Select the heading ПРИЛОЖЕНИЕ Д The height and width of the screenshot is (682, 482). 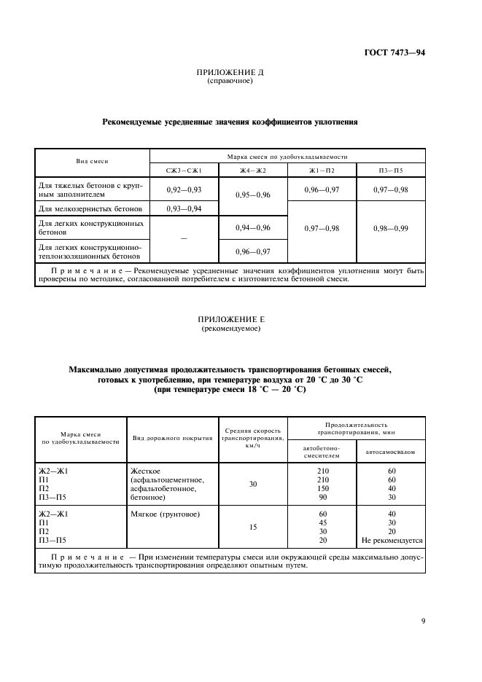pos(230,73)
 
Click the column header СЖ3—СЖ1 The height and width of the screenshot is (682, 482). pos(184,170)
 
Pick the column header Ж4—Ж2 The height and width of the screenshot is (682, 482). pos(253,170)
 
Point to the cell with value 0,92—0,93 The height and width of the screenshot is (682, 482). pos(184,189)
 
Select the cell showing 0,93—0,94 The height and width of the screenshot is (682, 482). pos(184,209)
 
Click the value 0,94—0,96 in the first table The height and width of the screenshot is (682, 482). pos(253,228)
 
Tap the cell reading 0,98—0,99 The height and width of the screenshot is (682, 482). pos(391,228)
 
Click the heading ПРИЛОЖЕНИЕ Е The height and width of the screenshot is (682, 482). pos(230,320)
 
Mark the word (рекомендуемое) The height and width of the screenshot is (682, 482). pos(230,329)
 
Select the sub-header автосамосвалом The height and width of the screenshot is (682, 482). pos(390,452)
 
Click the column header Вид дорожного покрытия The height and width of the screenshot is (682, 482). pos(172,439)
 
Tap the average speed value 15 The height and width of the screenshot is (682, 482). pos(252,526)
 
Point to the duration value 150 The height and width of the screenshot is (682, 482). pos(323,488)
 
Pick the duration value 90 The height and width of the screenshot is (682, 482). pos(323,497)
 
